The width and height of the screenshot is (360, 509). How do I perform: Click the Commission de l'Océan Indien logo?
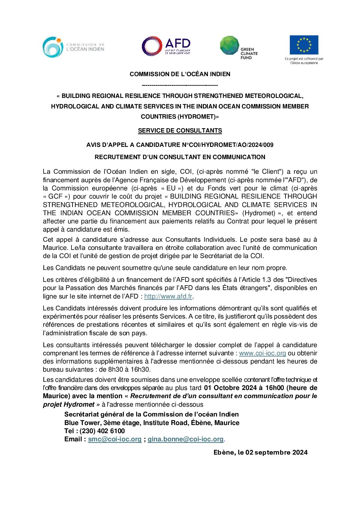[x=73, y=47]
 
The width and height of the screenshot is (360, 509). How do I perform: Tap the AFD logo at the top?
[x=166, y=46]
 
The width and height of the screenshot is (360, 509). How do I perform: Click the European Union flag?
[x=304, y=45]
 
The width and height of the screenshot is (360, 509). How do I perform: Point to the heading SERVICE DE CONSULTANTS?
[x=180, y=131]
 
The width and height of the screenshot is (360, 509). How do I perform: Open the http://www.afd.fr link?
[x=168, y=296]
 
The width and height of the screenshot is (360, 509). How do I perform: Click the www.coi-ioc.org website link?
[x=262, y=353]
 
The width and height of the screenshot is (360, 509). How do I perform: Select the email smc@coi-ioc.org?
[x=115, y=439]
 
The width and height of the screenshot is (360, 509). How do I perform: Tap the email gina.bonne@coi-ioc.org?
[x=185, y=439]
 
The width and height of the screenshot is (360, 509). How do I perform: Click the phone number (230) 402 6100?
[x=102, y=431]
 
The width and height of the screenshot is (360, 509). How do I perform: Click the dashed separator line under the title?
[x=180, y=85]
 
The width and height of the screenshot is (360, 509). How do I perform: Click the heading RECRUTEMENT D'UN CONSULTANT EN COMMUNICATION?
[x=180, y=157]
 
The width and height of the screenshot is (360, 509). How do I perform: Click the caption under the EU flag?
[x=304, y=61]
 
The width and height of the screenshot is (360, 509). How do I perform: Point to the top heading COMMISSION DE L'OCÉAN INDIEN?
[x=180, y=74]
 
